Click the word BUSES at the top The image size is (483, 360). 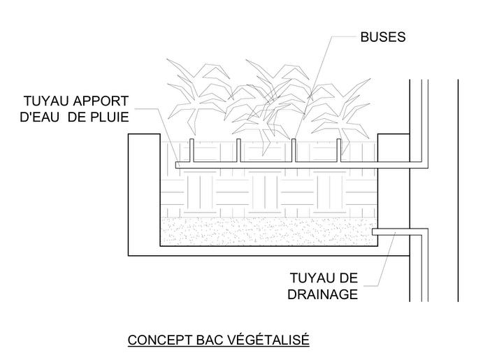click(382, 37)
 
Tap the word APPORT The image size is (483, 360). click(103, 101)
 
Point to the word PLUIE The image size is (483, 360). click(109, 117)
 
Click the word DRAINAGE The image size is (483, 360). click(322, 294)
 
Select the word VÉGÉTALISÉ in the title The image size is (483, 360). click(270, 340)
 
